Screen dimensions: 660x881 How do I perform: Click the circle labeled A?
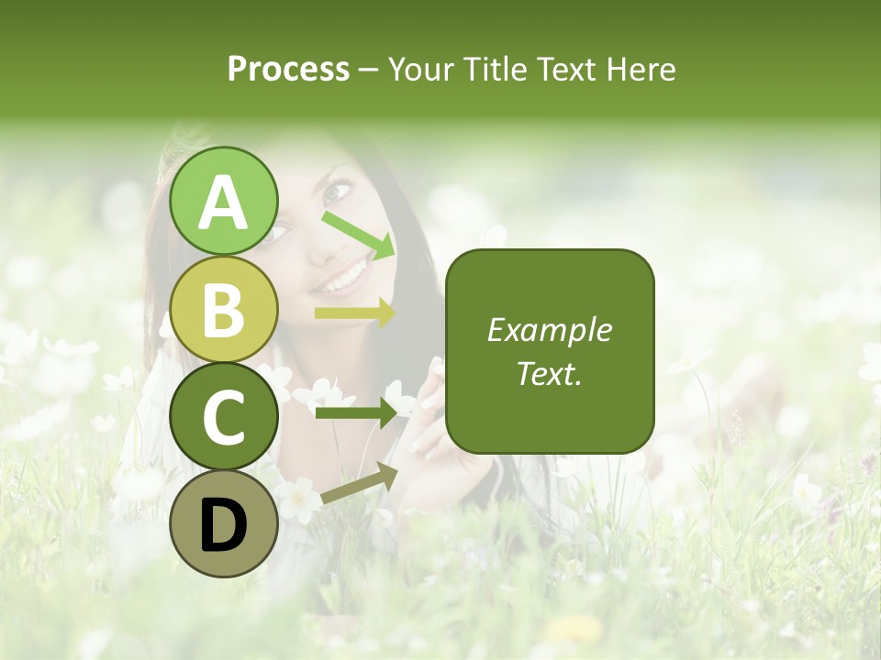coord(224,201)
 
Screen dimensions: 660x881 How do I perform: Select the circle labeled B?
coord(224,309)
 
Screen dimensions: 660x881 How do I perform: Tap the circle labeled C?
coord(224,416)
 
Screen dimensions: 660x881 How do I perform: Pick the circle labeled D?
coord(224,523)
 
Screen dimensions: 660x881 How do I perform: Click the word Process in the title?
coord(288,69)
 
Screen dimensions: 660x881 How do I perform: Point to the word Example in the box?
coord(549,330)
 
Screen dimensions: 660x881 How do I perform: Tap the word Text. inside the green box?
coord(549,373)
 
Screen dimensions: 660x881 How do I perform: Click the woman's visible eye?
coord(337,192)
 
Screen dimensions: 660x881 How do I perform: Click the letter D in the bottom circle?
coord(224,524)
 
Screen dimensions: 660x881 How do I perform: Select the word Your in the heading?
coord(418,70)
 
